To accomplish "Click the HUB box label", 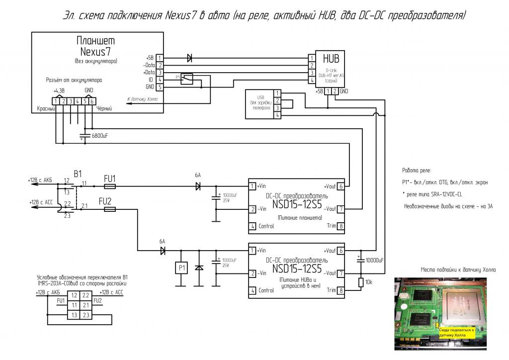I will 324,58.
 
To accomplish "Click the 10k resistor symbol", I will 359,282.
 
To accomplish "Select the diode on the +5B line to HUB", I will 189,58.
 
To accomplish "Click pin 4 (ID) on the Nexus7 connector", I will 160,80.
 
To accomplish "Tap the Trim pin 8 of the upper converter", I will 340,226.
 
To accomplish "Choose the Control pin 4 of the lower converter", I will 252,290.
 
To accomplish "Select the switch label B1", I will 78,174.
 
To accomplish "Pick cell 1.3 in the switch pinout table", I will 74,315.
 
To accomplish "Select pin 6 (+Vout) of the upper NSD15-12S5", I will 340,186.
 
